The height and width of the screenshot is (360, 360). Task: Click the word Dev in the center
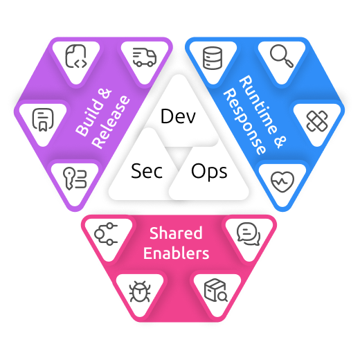178,116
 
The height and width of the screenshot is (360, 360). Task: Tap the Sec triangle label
147,171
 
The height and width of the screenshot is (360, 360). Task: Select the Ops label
209,171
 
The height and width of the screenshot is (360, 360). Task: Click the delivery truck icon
145,57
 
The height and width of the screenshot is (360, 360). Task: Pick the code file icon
76,56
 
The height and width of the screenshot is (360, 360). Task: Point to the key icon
75,179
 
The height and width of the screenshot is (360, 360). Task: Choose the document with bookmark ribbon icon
43,120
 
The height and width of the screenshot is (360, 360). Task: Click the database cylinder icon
213,58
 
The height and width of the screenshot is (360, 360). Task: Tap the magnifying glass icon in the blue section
282,56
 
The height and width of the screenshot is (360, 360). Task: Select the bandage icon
317,121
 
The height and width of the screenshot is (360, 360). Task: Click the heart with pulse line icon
282,181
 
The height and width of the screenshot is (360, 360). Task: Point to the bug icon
140,291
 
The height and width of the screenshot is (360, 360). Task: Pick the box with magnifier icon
216,290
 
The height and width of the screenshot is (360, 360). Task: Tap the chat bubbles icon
249,234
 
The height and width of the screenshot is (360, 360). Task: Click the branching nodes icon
106,234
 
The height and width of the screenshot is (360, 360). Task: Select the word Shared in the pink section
176,233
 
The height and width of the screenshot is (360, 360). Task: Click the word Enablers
176,253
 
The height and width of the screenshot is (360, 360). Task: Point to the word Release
111,122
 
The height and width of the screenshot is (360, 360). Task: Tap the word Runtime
258,105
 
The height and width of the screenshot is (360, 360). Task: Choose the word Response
244,121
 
